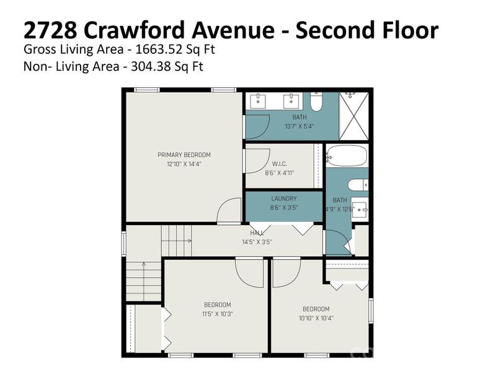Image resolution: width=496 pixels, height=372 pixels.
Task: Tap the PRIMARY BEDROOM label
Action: pyautogui.click(x=184, y=155)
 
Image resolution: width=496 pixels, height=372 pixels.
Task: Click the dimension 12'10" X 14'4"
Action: pyautogui.click(x=184, y=164)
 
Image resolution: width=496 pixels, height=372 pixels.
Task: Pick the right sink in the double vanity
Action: pyautogui.click(x=290, y=99)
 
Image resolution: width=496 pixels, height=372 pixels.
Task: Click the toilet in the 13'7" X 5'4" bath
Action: pyautogui.click(x=316, y=102)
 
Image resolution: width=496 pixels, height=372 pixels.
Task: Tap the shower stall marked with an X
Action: pyautogui.click(x=354, y=116)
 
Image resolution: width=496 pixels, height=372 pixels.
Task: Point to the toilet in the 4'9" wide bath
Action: pyautogui.click(x=359, y=184)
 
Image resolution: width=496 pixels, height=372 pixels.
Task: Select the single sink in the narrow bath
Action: pyautogui.click(x=360, y=208)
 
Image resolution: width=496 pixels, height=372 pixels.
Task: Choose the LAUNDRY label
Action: pyautogui.click(x=284, y=199)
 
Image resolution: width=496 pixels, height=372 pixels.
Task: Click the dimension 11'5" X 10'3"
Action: pyautogui.click(x=218, y=314)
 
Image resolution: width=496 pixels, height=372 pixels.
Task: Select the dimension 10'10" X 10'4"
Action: pyautogui.click(x=316, y=318)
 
